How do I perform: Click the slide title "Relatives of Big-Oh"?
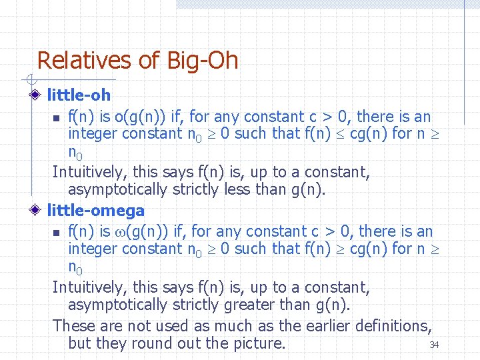point(137,61)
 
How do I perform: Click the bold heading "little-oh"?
point(79,96)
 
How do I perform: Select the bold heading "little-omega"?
point(95,211)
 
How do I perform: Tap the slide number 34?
point(434,345)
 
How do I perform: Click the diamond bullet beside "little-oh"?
point(39,96)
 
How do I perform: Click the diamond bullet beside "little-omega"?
point(39,211)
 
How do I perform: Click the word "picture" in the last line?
point(257,343)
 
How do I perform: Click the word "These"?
point(74,326)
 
